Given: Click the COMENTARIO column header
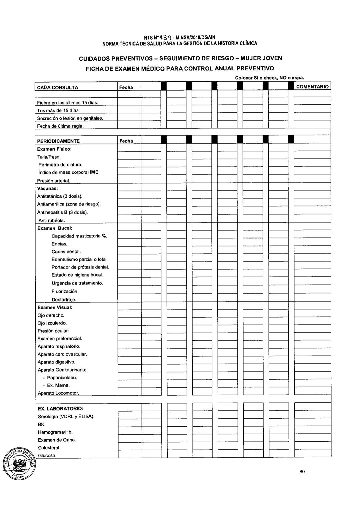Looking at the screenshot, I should click(x=312, y=87).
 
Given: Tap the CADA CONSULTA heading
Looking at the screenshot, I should click(x=58, y=87).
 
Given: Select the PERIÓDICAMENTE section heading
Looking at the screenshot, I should click(x=58, y=141).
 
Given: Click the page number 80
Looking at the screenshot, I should click(x=302, y=471).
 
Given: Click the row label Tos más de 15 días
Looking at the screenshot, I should click(x=58, y=110).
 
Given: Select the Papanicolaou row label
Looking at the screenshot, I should click(x=62, y=378).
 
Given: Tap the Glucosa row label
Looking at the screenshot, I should click(x=47, y=456).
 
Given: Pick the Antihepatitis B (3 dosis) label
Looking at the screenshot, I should click(x=62, y=212).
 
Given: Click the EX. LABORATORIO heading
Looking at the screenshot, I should click(x=60, y=409).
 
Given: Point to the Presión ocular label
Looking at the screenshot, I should click(x=53, y=331).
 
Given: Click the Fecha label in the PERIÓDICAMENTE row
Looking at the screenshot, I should click(x=126, y=141).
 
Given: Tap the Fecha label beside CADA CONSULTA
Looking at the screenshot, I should click(x=126, y=87).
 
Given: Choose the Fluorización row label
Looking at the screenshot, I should click(x=65, y=291).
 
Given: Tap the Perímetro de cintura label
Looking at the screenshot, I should click(x=60, y=165).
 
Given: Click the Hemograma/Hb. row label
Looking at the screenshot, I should click(x=55, y=432).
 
